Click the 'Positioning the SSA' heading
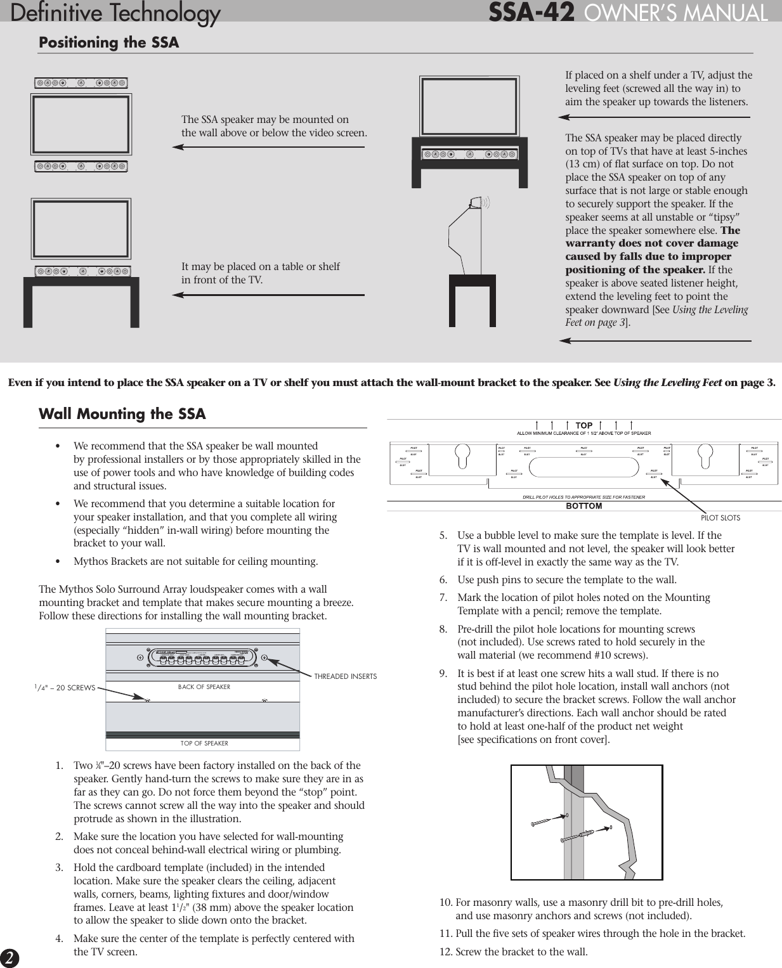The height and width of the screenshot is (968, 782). pyautogui.click(x=109, y=42)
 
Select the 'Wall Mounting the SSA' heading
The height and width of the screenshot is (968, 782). pyautogui.click(x=122, y=414)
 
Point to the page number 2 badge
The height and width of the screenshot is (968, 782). pyautogui.click(x=10, y=958)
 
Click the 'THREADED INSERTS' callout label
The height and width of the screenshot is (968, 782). pyautogui.click(x=345, y=676)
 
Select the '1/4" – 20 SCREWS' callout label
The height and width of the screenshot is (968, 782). pyautogui.click(x=65, y=687)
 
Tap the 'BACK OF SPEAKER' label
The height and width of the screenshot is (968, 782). pyautogui.click(x=204, y=687)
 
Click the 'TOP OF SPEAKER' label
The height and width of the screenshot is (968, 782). pyautogui.click(x=204, y=743)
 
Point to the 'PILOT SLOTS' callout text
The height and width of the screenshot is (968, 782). pyautogui.click(x=720, y=517)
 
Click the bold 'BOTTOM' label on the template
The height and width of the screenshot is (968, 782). pyautogui.click(x=583, y=506)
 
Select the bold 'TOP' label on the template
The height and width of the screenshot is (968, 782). pyautogui.click(x=583, y=425)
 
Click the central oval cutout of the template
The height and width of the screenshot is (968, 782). pyautogui.click(x=583, y=467)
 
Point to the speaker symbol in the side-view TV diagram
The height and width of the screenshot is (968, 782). pyautogui.click(x=478, y=203)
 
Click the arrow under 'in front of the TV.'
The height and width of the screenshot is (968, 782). pyautogui.click(x=268, y=295)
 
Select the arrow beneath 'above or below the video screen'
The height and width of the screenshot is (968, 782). pyautogui.click(x=268, y=147)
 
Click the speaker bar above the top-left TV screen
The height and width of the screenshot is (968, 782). pyautogui.click(x=81, y=83)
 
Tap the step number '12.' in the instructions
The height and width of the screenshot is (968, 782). pyautogui.click(x=446, y=952)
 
